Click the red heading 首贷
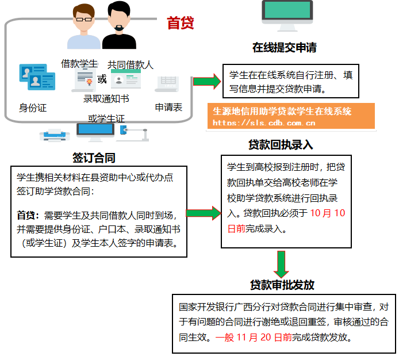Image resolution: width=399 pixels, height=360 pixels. pos(180,23)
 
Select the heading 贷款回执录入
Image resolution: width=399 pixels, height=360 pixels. pos(281,145)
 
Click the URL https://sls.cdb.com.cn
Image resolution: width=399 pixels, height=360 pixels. pos(264,122)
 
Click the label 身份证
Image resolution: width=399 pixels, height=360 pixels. pos(33,108)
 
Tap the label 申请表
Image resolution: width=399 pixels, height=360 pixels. pos(168,108)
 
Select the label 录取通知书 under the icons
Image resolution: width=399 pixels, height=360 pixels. pos(106,98)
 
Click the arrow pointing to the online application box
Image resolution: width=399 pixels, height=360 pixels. pos(206,81)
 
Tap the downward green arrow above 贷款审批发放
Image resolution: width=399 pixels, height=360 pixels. pos(282,263)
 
